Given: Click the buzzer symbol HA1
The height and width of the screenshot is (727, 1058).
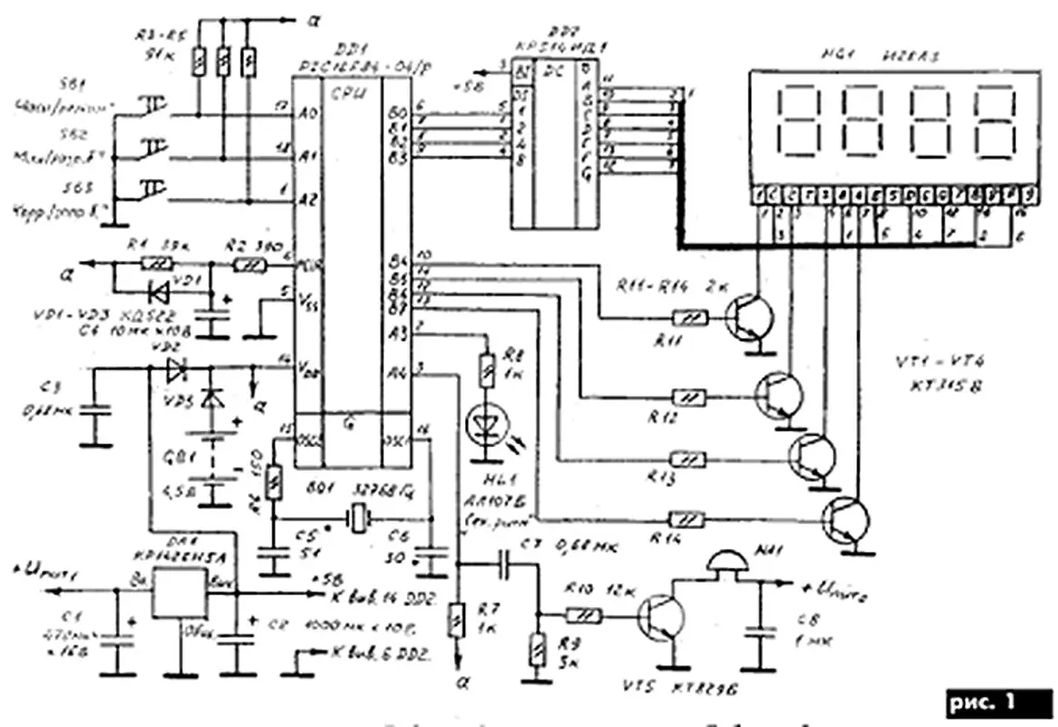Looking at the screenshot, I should click(732, 563).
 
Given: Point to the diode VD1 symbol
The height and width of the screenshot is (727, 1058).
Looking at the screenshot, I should click(162, 294).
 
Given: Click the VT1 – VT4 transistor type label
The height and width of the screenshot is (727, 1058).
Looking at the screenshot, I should click(944, 374).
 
